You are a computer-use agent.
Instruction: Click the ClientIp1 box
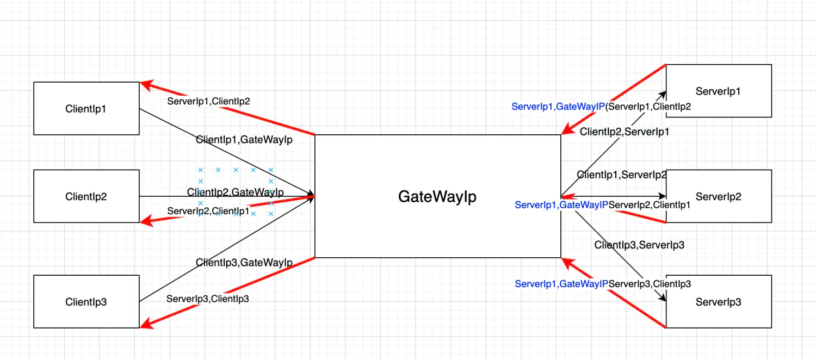tap(86, 109)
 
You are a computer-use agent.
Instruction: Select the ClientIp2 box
tap(86, 196)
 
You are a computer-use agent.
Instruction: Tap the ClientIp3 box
tap(86, 302)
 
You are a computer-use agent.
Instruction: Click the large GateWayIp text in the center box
tap(437, 196)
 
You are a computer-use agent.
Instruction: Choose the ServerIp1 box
tap(718, 91)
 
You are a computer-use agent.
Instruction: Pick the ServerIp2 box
tap(718, 196)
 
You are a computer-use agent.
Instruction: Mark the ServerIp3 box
tap(718, 302)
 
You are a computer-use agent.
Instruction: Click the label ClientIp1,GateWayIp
tap(244, 140)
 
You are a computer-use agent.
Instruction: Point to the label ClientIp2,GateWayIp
tap(236, 193)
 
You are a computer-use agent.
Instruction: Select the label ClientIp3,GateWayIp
tap(244, 263)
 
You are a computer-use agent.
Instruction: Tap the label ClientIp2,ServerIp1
tap(624, 132)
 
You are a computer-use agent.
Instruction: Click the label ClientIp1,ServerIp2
tap(622, 175)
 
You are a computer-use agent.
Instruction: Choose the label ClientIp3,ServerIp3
tap(639, 245)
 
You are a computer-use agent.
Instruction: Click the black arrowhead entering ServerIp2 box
tap(662, 196)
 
